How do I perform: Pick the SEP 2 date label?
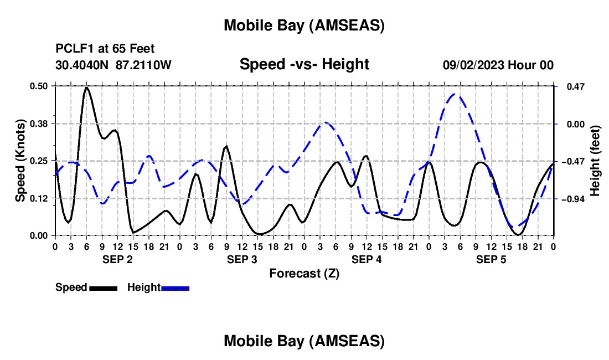[x=117, y=259]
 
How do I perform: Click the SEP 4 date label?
[x=367, y=259]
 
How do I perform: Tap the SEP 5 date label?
[x=491, y=259]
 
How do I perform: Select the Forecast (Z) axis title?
[x=304, y=273]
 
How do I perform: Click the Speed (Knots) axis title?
[x=20, y=161]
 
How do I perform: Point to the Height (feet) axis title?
[x=596, y=161]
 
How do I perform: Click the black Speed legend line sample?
[x=103, y=287]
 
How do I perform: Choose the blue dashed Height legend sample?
[x=176, y=287]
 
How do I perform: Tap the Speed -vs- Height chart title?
[x=304, y=64]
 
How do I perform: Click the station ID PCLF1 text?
[x=73, y=49]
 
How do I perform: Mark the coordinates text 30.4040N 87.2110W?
[x=113, y=65]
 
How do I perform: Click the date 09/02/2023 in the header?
[x=473, y=65]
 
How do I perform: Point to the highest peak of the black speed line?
[x=86, y=88]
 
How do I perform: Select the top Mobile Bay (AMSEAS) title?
[x=304, y=25]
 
